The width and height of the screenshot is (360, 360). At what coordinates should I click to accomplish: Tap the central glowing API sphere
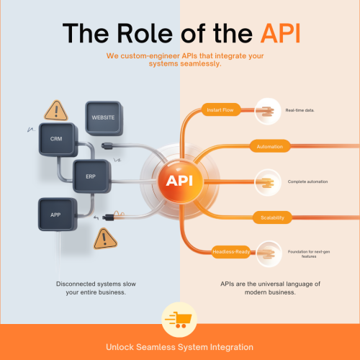(179, 179)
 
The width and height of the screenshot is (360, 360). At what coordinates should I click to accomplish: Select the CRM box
(55, 137)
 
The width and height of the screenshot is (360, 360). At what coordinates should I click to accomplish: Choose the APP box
(55, 214)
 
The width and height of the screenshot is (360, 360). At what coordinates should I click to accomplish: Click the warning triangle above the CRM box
(55, 109)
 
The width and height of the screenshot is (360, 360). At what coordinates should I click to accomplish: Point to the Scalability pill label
(265, 217)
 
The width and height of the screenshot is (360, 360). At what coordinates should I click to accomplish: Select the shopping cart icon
(179, 318)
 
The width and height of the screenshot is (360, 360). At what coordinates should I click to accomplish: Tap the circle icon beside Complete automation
(268, 181)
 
